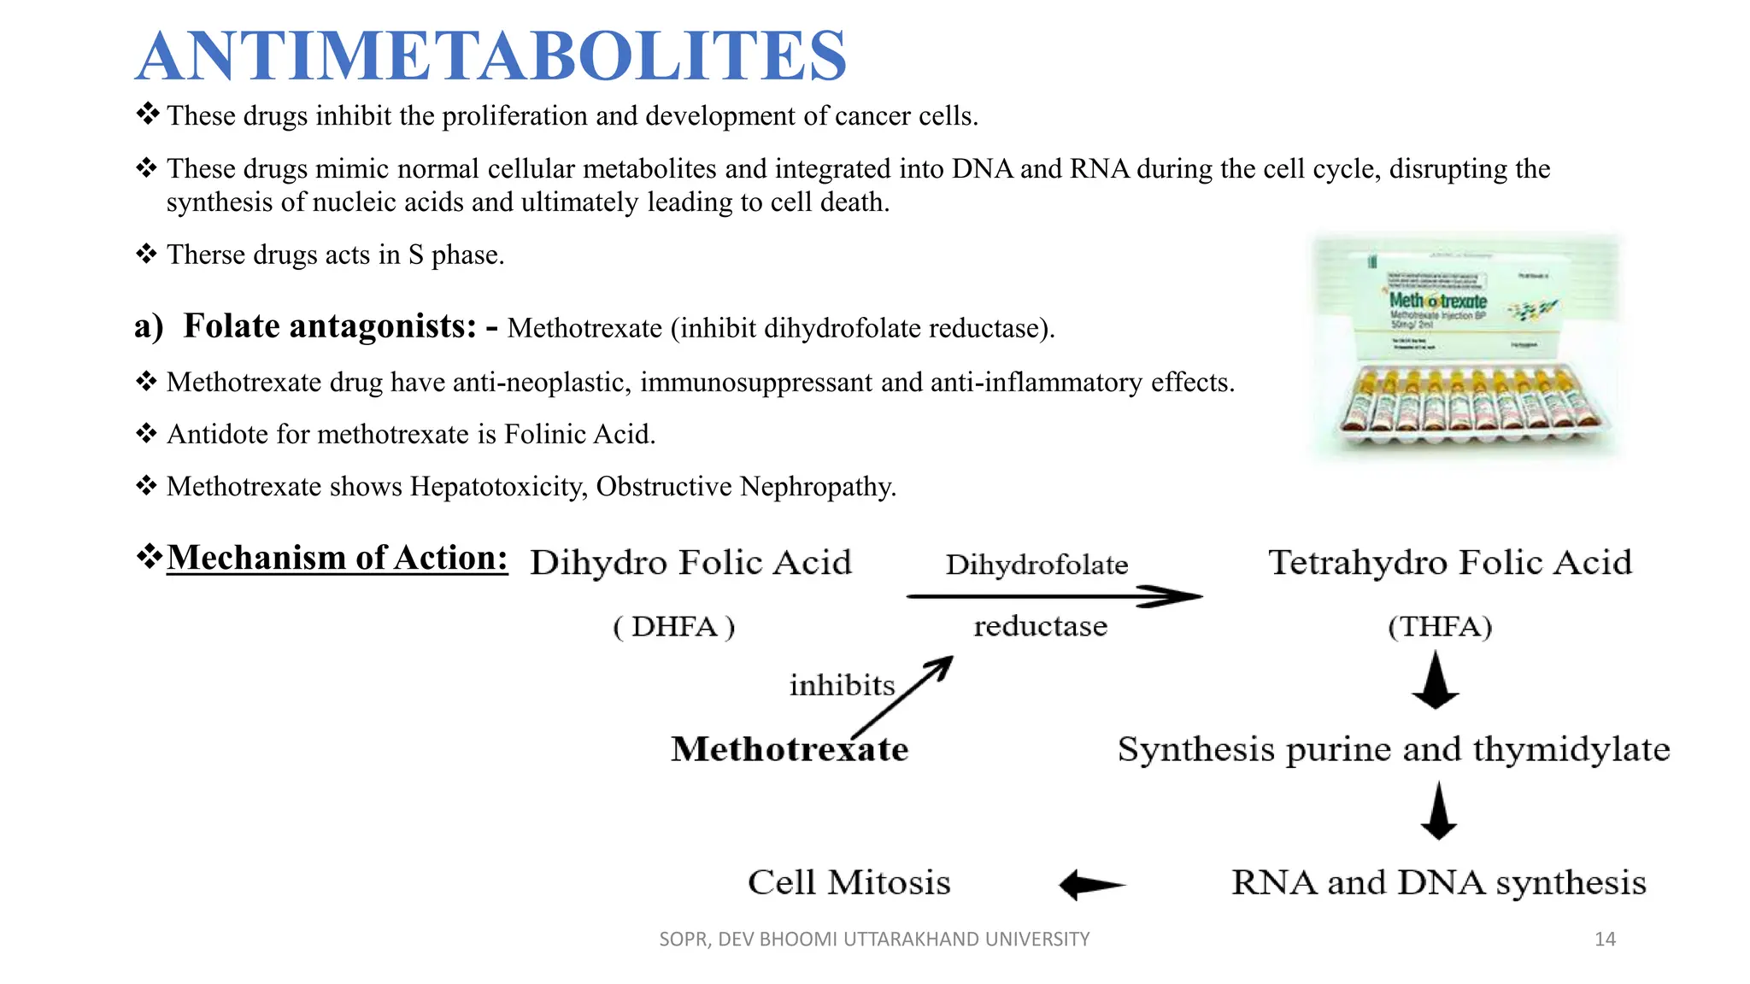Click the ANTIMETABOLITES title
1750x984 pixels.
coord(490,56)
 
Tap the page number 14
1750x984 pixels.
coord(1605,940)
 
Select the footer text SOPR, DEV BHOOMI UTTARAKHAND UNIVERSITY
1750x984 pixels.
coord(874,940)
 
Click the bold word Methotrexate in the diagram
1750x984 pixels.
coord(789,750)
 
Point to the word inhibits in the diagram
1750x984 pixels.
coord(842,685)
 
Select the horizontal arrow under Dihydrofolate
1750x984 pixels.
coord(1054,596)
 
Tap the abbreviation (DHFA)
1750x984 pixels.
coord(674,627)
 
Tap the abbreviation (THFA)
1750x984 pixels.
coord(1440,627)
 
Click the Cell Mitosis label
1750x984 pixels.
coord(849,882)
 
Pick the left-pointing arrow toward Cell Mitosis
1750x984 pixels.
coord(1091,885)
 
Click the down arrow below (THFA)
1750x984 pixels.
coord(1436,681)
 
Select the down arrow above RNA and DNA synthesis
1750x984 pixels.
coord(1439,811)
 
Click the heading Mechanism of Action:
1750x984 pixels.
coord(337,558)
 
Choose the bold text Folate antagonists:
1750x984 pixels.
coord(330,326)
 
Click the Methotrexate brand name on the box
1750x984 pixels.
coord(1437,301)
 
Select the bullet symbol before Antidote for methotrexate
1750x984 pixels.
coord(147,434)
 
